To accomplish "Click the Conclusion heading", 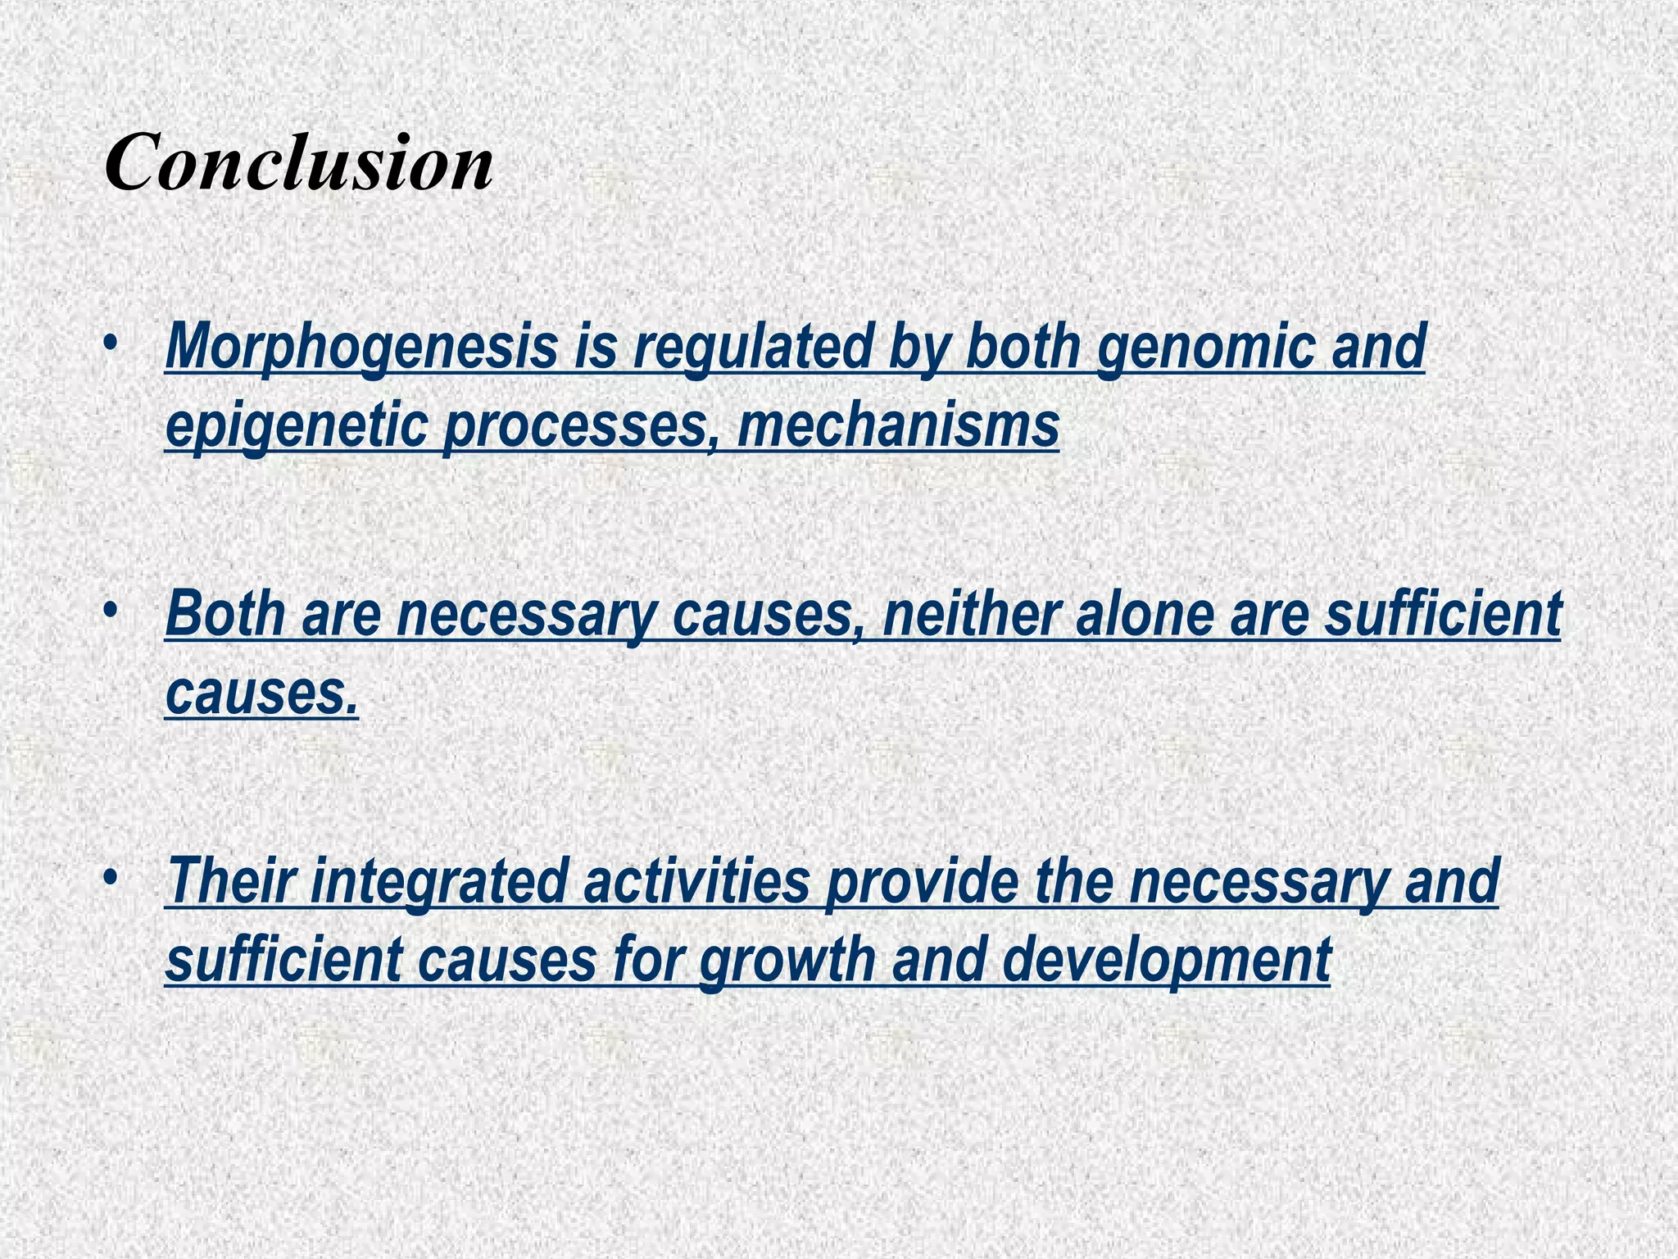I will click(x=299, y=161).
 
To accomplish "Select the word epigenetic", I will click(x=297, y=426).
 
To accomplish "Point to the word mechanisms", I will click(x=898, y=426).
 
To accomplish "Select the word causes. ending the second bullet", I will click(x=262, y=693).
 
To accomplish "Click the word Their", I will click(x=228, y=880).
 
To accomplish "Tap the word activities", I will click(x=696, y=880).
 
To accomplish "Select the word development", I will click(x=1167, y=960).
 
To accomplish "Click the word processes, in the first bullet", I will click(x=581, y=426).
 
